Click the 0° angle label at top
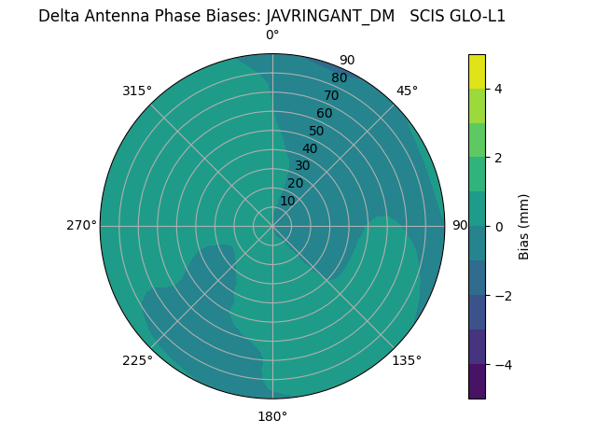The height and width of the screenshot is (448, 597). [x=272, y=35]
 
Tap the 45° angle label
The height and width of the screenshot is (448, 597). [x=407, y=91]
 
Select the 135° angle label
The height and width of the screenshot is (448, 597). [x=407, y=360]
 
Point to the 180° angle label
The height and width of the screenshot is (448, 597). [x=272, y=416]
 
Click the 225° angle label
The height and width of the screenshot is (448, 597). [x=137, y=360]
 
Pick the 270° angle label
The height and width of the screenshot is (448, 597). [x=81, y=225]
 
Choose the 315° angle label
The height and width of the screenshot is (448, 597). [x=137, y=91]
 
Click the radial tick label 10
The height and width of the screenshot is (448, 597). [x=287, y=201]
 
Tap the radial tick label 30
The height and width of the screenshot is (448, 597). [x=302, y=166]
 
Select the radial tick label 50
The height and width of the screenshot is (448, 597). [x=316, y=132]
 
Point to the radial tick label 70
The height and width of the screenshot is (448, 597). [x=331, y=96]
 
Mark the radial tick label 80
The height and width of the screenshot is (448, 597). [x=339, y=78]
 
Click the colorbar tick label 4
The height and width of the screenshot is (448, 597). [x=499, y=89]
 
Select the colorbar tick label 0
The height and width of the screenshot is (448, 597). [x=499, y=227]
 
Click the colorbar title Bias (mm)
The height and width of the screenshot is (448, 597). [x=524, y=227]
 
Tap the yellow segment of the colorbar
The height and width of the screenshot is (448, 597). [x=477, y=71]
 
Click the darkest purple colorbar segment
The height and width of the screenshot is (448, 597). [x=477, y=382]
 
